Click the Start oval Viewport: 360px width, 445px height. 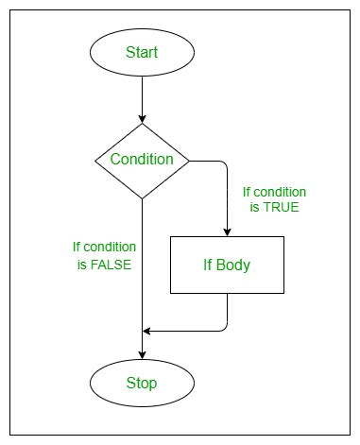click(x=142, y=52)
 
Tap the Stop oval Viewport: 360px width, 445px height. click(x=142, y=383)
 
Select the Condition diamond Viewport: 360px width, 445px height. click(x=142, y=160)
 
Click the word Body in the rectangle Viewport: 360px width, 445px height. click(x=233, y=265)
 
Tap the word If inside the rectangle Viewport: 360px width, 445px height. click(x=208, y=265)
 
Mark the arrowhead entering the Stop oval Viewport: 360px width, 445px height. click(x=142, y=354)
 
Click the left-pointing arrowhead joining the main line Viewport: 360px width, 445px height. click(x=147, y=331)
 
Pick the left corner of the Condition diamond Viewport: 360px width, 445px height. click(x=96, y=160)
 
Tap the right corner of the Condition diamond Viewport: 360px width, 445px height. click(x=188, y=160)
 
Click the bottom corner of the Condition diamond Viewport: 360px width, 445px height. click(x=142, y=197)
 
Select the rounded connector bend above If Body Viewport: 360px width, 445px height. click(x=224, y=163)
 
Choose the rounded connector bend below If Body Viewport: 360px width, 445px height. click(x=224, y=328)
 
